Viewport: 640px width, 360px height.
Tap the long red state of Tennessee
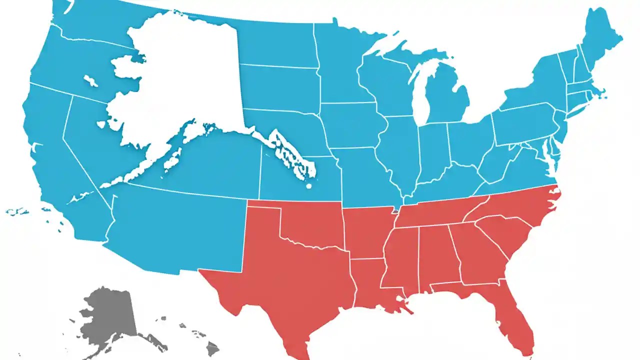[x=440, y=212]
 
